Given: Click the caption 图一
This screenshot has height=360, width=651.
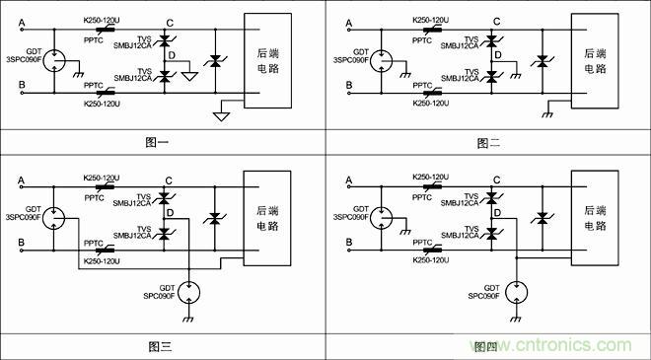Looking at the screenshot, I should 158,144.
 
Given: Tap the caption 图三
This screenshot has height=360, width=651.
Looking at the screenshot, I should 160,345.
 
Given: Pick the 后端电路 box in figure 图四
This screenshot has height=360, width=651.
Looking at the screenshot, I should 596,218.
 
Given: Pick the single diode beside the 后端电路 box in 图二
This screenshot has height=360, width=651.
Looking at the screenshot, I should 542,62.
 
